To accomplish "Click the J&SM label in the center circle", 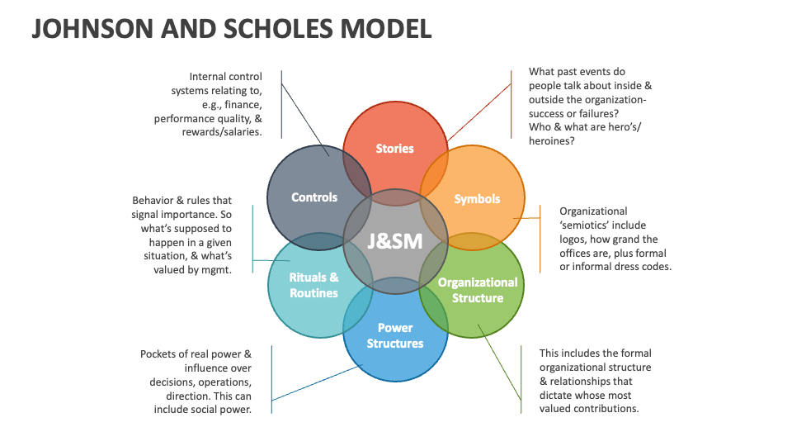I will coord(394,242).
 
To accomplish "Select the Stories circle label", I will coord(394,149).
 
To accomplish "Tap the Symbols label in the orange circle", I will coord(477,199).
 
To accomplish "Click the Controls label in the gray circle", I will coord(314,197).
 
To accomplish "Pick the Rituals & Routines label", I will coord(313,285).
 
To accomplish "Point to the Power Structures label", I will coord(394,335).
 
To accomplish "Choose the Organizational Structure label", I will coord(478,290).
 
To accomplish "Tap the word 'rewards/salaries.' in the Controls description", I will coord(222,132).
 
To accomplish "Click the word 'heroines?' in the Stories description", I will coord(551,141).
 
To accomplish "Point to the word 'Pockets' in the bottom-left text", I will coord(159,353).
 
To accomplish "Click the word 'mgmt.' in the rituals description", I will coord(216,270).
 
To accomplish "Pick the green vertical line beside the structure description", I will coord(521,380).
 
